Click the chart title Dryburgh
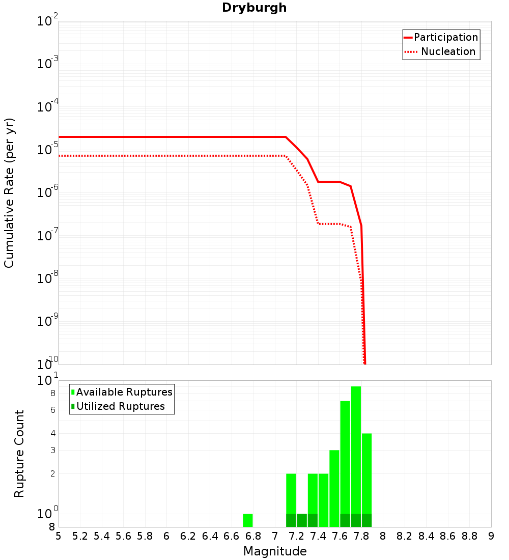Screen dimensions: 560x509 click(x=254, y=8)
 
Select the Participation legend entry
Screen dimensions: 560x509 click(x=445, y=37)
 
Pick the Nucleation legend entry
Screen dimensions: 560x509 click(x=447, y=51)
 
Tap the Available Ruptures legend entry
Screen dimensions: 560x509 click(x=124, y=392)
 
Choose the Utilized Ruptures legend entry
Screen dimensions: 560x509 click(x=120, y=406)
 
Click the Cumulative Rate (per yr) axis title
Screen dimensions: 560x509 click(x=9, y=193)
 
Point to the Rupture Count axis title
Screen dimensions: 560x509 click(x=19, y=454)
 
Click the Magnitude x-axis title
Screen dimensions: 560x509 click(x=275, y=551)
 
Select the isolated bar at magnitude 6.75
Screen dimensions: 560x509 click(x=248, y=520)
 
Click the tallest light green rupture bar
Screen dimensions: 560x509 click(x=356, y=448)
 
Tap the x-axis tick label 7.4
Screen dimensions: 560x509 click(x=318, y=536)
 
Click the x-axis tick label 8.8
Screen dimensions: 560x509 click(x=470, y=536)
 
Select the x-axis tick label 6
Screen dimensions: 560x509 click(x=166, y=536)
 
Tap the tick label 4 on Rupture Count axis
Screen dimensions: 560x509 click(x=52, y=434)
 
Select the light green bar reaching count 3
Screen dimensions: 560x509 click(x=334, y=484)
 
